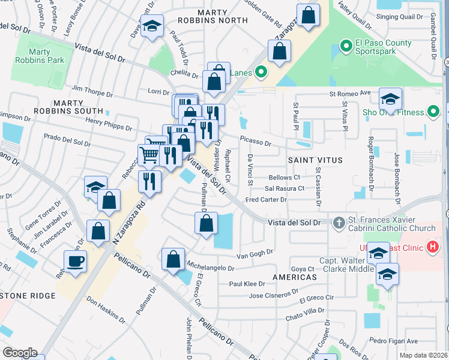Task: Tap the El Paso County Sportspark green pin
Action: (345, 45)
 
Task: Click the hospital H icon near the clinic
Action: (432, 247)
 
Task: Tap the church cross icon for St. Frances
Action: (339, 223)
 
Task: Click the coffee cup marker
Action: (76, 261)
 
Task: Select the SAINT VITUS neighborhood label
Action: (315, 160)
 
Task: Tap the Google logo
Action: (19, 353)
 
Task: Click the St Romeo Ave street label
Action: (350, 94)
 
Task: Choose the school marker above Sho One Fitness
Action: (390, 98)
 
